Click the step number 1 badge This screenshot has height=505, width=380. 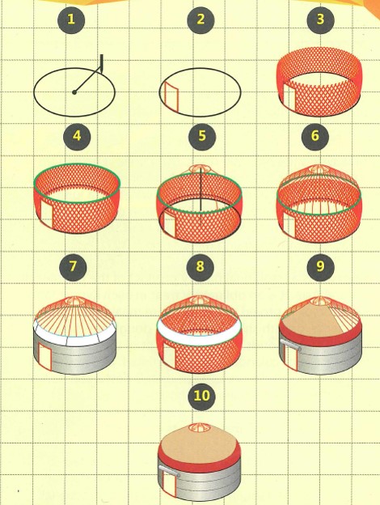[71, 20]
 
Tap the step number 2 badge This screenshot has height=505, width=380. [201, 20]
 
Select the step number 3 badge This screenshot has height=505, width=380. [320, 20]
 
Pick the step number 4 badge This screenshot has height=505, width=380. [77, 136]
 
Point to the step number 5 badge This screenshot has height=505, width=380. [202, 136]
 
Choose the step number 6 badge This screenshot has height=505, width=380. [315, 136]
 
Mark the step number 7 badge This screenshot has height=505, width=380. [73, 267]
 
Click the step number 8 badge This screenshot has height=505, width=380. [201, 267]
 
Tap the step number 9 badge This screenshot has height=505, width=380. [320, 267]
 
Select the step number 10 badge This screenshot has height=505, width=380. [202, 396]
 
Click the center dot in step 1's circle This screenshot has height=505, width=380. [74, 92]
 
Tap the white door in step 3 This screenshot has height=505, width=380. [289, 96]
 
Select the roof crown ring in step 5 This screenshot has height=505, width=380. [200, 168]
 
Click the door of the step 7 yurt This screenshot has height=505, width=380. [44, 356]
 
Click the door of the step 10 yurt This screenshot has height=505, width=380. [170, 483]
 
